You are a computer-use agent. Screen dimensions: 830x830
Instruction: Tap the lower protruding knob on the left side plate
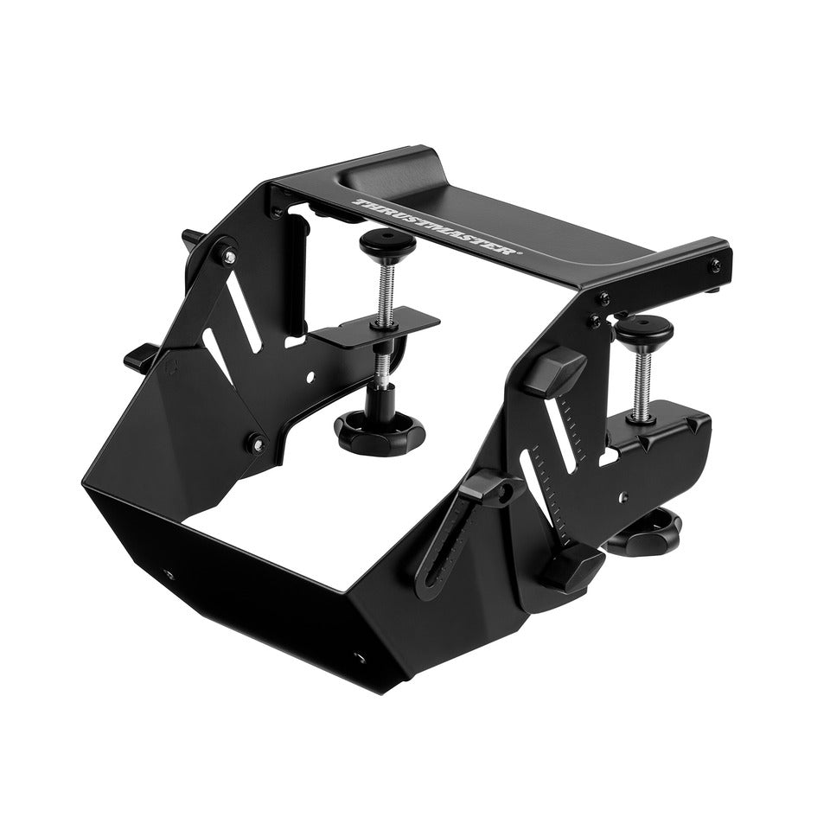coord(140,355)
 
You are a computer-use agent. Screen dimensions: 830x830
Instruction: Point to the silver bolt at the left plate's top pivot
coord(227,254)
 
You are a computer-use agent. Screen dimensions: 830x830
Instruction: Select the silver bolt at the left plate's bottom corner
coord(256,444)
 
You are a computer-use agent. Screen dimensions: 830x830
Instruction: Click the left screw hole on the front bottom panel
coord(169,572)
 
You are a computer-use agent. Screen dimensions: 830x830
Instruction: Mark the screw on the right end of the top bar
coord(715,265)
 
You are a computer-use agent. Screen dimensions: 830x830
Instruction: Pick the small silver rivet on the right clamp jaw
coord(624,496)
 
